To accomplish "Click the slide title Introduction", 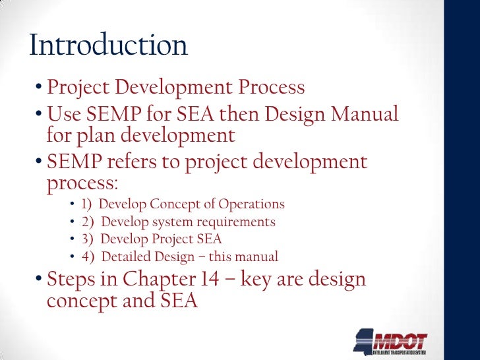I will coord(109,45).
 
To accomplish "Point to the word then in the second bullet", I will coord(261,115).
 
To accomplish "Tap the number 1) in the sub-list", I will coord(88,204).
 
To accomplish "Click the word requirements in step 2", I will coord(239,222).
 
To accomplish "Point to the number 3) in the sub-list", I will coord(88,239).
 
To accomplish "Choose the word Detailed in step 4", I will coord(126,257).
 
